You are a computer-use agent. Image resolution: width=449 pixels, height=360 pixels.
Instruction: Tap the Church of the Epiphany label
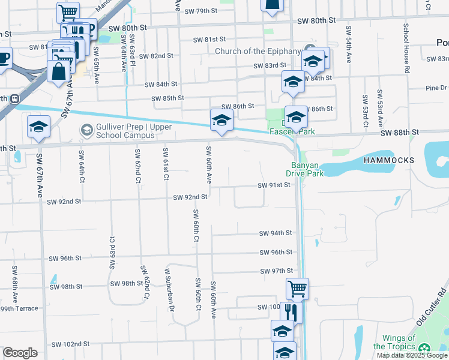(258, 51)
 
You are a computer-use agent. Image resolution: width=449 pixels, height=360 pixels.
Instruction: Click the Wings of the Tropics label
(394, 343)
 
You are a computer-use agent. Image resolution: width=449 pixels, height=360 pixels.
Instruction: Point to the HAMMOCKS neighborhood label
(389, 161)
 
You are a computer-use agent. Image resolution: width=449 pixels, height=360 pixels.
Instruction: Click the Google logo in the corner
(20, 353)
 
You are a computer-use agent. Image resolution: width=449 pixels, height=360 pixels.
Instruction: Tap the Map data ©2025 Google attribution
(411, 355)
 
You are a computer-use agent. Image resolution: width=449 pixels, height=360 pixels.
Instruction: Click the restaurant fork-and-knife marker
(291, 312)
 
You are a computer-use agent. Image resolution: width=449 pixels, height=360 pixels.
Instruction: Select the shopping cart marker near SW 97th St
(297, 289)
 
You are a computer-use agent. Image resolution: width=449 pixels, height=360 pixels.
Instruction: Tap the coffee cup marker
(3, 59)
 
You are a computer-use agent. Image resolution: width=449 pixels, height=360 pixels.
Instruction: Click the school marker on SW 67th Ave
(39, 127)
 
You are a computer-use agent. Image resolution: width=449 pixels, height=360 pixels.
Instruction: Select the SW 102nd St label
(70, 344)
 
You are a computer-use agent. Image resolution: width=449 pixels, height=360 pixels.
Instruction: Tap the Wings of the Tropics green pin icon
(425, 349)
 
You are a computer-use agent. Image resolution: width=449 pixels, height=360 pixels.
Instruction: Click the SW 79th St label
(200, 11)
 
